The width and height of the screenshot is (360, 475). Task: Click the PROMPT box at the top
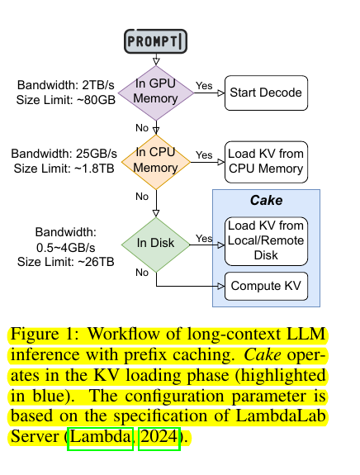[155, 41]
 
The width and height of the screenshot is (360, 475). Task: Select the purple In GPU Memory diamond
[156, 93]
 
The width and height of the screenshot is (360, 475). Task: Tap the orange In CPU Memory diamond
[156, 162]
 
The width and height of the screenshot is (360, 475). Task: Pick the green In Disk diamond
[155, 245]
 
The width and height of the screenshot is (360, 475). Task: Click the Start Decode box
[266, 93]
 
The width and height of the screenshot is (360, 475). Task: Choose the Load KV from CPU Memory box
[266, 162]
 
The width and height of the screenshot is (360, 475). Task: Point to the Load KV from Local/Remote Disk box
[266, 241]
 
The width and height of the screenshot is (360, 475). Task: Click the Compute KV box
[266, 286]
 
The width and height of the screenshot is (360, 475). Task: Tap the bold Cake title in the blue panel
[266, 200]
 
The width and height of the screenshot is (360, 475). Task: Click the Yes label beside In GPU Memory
[204, 86]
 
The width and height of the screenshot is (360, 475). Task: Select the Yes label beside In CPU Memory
[204, 154]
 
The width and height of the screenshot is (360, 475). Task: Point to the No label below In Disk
[142, 273]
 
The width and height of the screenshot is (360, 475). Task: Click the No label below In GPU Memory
[142, 128]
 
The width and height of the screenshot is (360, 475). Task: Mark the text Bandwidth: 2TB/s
[66, 85]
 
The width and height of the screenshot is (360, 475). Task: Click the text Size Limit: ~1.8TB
[64, 169]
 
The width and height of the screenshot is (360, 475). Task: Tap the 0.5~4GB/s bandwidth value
[66, 248]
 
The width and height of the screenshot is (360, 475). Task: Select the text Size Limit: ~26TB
[66, 262]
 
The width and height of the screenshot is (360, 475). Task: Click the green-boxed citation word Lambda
[100, 437]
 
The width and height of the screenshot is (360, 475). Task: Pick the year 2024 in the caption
[159, 437]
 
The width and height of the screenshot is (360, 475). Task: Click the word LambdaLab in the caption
[281, 416]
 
